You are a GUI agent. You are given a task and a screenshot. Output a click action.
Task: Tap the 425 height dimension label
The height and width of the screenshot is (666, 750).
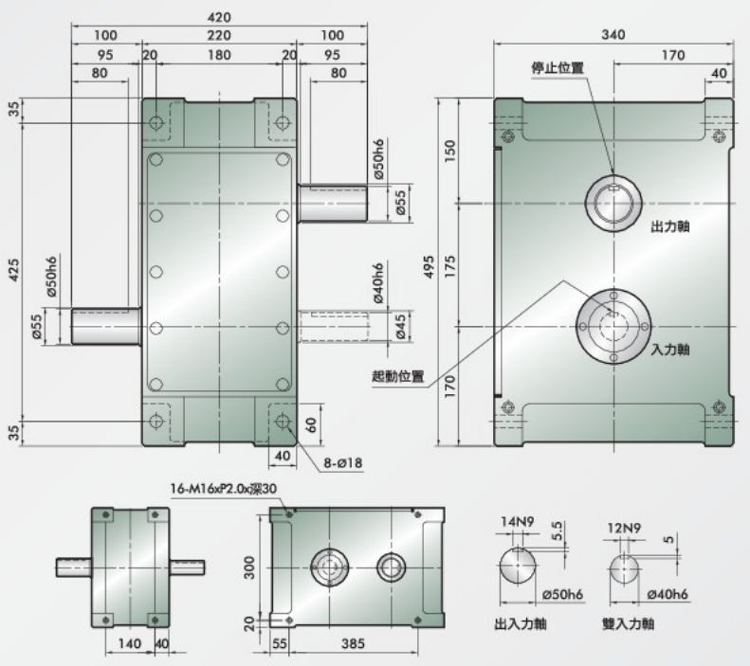(x=14, y=273)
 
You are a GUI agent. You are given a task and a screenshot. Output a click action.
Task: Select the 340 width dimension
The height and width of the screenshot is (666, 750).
(x=613, y=35)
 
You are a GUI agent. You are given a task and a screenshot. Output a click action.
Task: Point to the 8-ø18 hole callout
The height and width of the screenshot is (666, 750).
(x=345, y=463)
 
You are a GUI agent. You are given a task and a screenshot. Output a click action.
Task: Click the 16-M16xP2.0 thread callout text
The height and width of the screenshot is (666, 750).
(x=224, y=490)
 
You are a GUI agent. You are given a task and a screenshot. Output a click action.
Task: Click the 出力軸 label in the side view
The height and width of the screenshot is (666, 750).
(x=669, y=227)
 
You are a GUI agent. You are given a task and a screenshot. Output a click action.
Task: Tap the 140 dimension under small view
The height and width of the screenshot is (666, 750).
(x=131, y=644)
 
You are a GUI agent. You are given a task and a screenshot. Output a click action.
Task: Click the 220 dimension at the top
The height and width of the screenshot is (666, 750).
(x=218, y=36)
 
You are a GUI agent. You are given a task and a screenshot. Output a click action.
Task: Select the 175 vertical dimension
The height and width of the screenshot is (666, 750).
(x=450, y=262)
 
